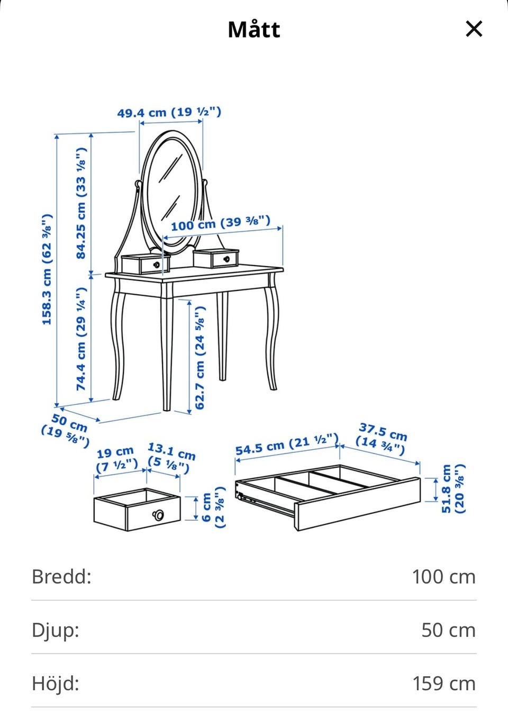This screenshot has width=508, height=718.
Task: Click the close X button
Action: (x=474, y=29)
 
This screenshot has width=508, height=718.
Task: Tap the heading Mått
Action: (x=254, y=30)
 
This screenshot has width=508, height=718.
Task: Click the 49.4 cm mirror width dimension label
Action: (x=169, y=112)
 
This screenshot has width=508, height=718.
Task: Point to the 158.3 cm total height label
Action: (x=47, y=269)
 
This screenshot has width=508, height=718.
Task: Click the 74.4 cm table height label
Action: (x=81, y=339)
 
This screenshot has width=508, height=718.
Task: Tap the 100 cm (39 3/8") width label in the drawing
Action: (x=221, y=223)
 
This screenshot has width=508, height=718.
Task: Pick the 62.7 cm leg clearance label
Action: (x=200, y=358)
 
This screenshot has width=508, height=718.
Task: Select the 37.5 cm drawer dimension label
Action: (x=382, y=439)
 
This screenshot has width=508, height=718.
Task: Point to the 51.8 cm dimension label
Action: (x=452, y=489)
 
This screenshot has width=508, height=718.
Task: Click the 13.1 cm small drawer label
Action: (x=171, y=458)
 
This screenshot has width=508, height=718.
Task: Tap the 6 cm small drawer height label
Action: (x=214, y=507)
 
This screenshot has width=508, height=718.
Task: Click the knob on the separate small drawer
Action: (x=158, y=515)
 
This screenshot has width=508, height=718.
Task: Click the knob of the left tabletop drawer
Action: (x=157, y=265)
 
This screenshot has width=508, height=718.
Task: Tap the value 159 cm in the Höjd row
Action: (x=444, y=684)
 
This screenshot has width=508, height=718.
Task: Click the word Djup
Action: (x=55, y=630)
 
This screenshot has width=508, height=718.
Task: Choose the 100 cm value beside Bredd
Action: (x=444, y=577)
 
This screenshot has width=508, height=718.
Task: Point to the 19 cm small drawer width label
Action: (x=117, y=460)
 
